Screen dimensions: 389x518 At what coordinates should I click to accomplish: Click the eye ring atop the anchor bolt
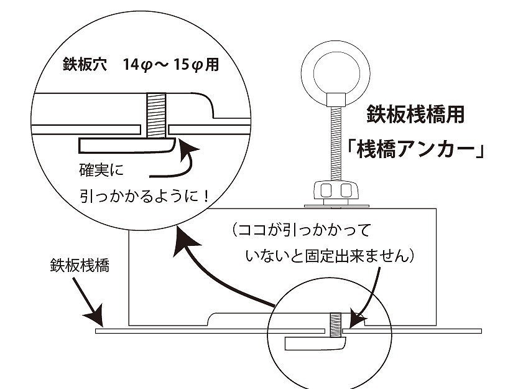click(x=336, y=68)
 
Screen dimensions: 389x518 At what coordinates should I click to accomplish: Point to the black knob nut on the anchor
click(x=336, y=190)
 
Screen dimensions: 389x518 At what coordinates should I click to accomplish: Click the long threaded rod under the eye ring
click(x=336, y=143)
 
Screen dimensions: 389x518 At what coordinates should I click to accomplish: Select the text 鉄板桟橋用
click(x=415, y=115)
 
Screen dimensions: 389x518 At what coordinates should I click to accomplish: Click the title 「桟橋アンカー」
click(x=416, y=151)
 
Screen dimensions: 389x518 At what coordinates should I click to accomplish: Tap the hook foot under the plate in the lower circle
click(x=315, y=343)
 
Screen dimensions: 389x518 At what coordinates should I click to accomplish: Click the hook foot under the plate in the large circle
click(x=124, y=145)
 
